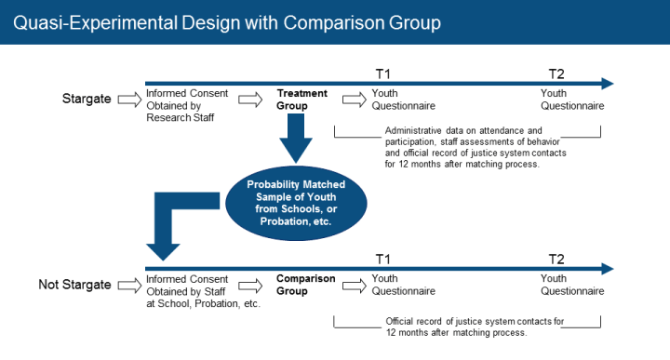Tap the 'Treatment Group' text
[301, 100]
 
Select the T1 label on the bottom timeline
[382, 258]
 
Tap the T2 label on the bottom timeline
[556, 258]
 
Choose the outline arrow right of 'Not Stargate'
[128, 285]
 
